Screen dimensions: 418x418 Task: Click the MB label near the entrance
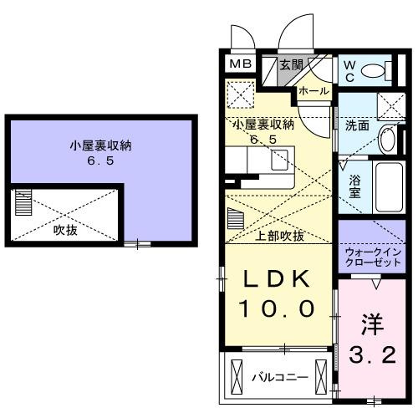click(240, 64)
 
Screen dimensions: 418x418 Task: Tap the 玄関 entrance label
click(292, 65)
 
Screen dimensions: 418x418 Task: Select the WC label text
click(350, 71)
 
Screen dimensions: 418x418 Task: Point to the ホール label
click(313, 90)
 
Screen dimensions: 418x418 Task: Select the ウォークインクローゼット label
click(373, 254)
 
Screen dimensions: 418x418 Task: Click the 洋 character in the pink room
click(373, 323)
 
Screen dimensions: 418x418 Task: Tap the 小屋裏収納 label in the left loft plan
click(101, 145)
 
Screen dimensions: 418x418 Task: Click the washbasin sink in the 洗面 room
click(387, 139)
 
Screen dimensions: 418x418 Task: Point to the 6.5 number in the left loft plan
click(101, 161)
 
